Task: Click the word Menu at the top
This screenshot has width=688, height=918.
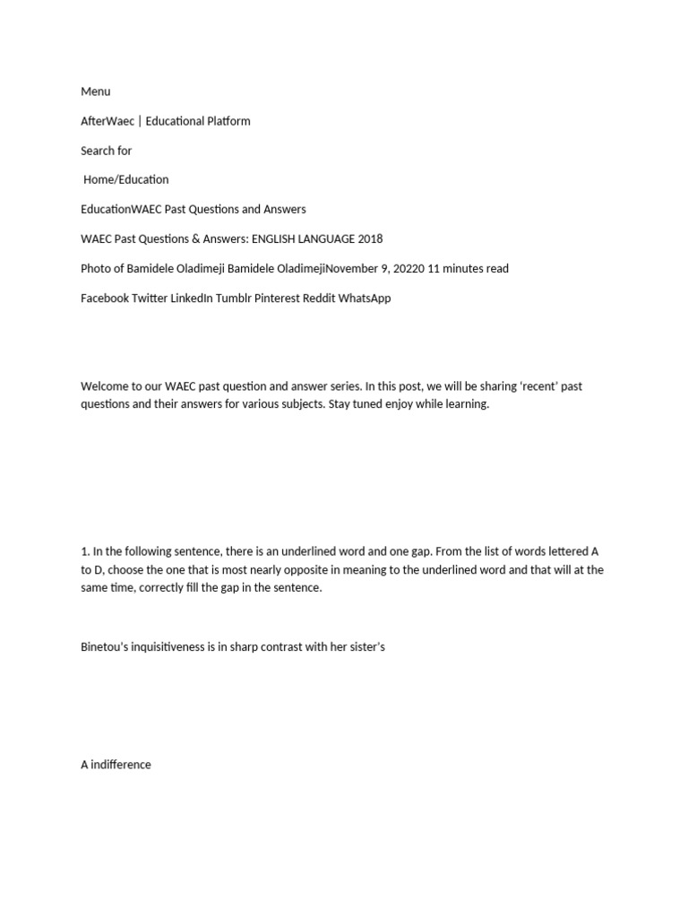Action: click(96, 91)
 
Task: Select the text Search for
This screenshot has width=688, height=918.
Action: click(107, 151)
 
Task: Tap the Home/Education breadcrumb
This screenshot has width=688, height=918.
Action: click(125, 179)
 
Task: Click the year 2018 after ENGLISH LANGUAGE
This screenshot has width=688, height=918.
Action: click(369, 238)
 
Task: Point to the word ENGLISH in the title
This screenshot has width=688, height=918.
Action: click(276, 238)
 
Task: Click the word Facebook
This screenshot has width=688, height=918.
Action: click(105, 298)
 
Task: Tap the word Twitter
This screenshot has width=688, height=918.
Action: click(149, 298)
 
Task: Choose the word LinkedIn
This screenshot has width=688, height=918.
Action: click(192, 298)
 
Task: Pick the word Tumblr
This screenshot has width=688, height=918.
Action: click(233, 298)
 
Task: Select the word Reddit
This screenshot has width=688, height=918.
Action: click(326, 298)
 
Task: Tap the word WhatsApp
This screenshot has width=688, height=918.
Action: click(369, 298)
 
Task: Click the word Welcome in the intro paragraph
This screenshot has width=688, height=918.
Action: click(106, 386)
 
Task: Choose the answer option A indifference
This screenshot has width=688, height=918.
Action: click(116, 765)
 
